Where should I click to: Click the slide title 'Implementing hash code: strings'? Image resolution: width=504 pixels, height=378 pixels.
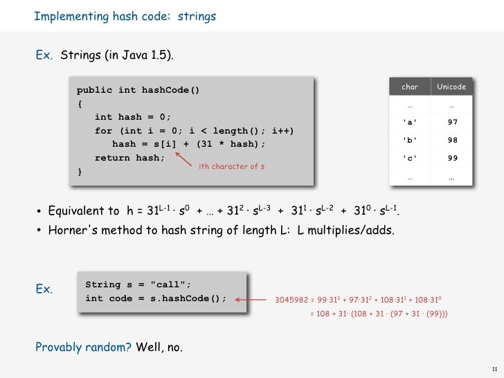pos(125,15)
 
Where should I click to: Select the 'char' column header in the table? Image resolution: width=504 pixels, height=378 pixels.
pos(410,87)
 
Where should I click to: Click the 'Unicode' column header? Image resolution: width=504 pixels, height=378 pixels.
pos(451,87)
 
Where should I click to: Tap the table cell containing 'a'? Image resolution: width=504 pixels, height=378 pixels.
pos(410,123)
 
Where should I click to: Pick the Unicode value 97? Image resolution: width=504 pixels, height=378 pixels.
pos(452,123)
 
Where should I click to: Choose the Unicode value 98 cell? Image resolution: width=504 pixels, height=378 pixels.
pos(452,140)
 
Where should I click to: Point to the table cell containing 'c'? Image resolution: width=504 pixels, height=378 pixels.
pos(410,158)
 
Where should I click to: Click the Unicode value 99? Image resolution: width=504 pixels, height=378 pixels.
pos(452,158)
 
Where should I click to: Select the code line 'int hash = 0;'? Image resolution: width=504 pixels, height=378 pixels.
pos(132,117)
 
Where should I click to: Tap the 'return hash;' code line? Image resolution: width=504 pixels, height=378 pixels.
pos(130,158)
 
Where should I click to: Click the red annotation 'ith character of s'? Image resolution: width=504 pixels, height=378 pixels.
pos(231,167)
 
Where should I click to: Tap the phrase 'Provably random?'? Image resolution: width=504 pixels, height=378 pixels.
pos(83,347)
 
